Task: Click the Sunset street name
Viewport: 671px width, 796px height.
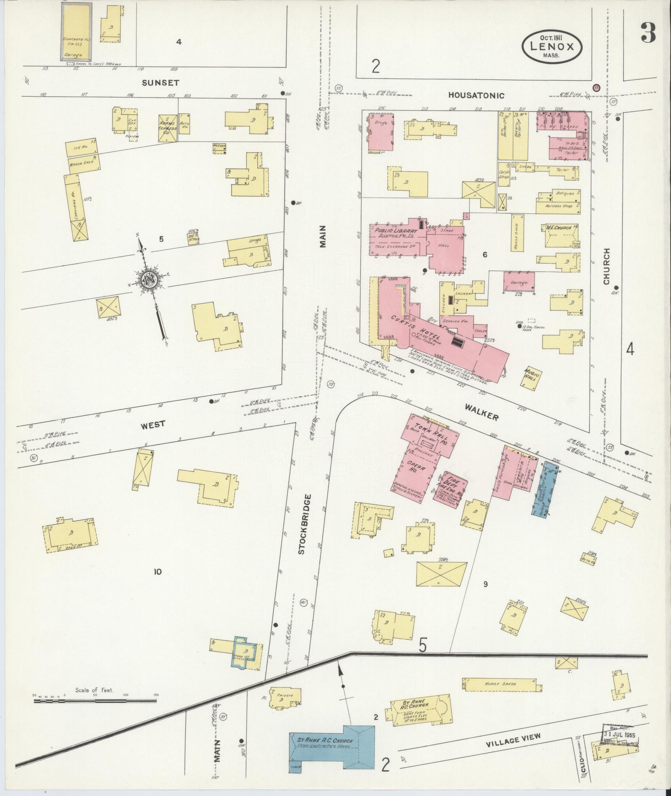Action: click(x=161, y=83)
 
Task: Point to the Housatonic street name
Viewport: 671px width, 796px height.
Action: click(x=476, y=95)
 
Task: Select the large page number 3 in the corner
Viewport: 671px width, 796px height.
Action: click(x=648, y=32)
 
